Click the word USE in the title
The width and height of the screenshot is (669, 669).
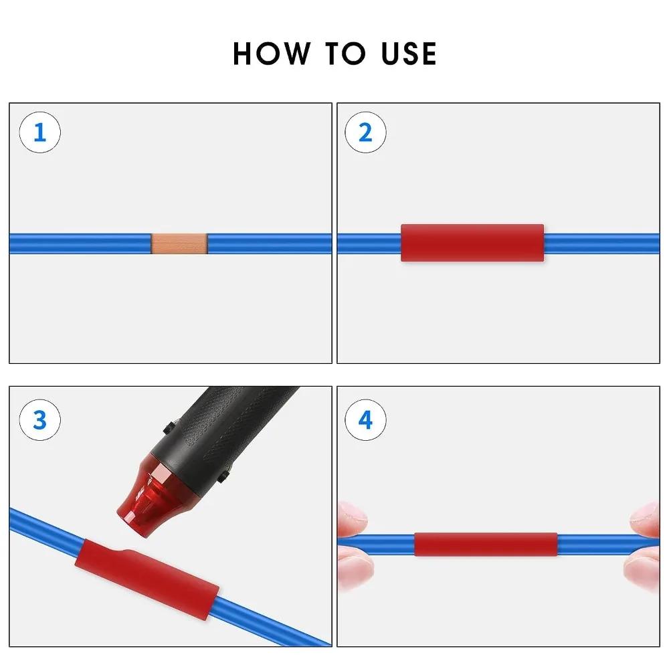click(409, 54)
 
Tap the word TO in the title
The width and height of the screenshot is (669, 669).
click(343, 54)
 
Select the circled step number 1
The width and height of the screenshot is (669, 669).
click(39, 132)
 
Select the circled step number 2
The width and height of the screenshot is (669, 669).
click(365, 132)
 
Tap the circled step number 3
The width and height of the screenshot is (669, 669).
click(39, 420)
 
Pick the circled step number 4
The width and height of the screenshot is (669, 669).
click(365, 420)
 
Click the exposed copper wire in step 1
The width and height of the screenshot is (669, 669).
click(179, 244)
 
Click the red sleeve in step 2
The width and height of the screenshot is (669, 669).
click(472, 242)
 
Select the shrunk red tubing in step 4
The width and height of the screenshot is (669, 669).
click(486, 544)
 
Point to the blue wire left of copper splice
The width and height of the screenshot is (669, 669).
click(80, 244)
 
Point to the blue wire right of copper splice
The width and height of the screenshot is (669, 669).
click(268, 244)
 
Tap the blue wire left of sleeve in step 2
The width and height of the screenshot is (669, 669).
click(368, 244)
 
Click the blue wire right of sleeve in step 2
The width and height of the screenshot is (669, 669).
click(602, 244)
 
